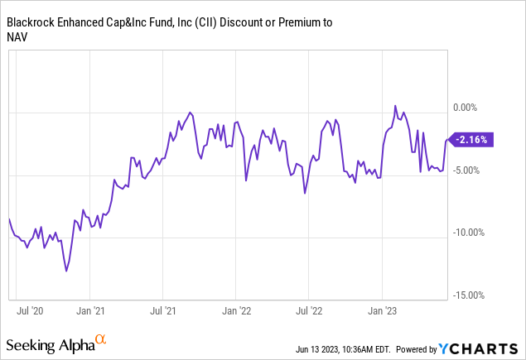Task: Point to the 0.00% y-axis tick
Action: click(x=469, y=108)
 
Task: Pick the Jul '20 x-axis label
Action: click(x=30, y=312)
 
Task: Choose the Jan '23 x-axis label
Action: click(x=381, y=312)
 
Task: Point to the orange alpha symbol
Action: click(x=100, y=339)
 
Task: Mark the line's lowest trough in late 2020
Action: click(x=66, y=270)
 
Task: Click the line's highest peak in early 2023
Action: click(x=395, y=106)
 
